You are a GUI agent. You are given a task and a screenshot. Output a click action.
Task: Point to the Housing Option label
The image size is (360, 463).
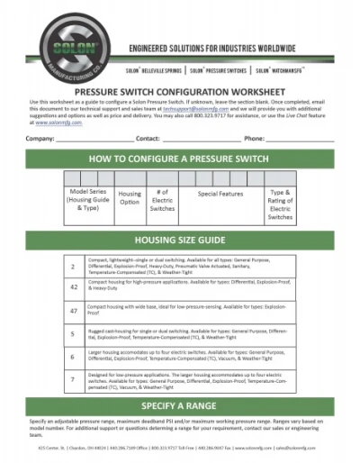point(130,197)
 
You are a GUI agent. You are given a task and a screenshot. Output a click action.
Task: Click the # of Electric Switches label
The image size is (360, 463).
point(162,201)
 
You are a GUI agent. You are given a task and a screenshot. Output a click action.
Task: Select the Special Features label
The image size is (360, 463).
point(220,194)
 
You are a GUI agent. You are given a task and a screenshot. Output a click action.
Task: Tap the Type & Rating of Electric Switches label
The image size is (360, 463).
point(280,204)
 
